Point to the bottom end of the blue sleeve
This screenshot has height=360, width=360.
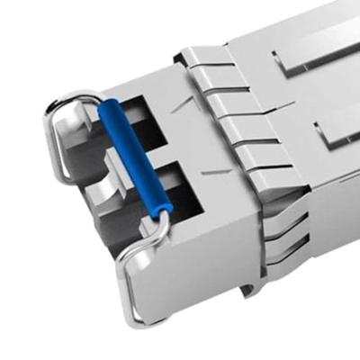[x=164, y=212]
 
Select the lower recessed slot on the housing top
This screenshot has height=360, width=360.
[x=337, y=135]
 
